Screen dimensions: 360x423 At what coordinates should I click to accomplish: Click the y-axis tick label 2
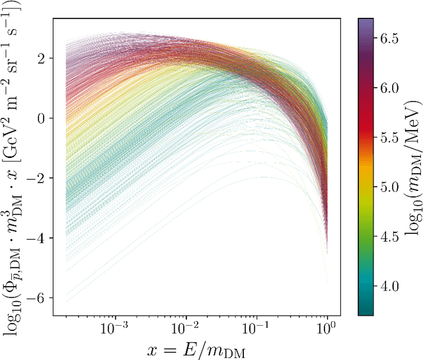click(x=42, y=59)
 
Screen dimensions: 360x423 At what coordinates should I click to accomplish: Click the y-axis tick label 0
click(x=42, y=118)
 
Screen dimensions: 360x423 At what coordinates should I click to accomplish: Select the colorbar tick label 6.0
click(x=390, y=87)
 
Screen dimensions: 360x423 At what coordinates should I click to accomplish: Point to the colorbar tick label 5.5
click(x=390, y=136)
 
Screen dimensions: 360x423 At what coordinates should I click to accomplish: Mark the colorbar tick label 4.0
click(x=390, y=285)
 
